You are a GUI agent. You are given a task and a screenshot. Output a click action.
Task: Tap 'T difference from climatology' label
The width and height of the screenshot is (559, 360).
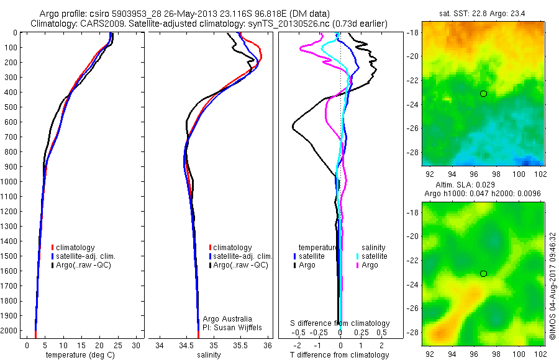click(340, 355)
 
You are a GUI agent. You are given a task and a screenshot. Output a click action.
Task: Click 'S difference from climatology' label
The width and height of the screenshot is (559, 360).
click(340, 324)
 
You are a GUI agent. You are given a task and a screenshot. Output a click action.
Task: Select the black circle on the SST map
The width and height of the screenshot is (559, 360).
click(484, 94)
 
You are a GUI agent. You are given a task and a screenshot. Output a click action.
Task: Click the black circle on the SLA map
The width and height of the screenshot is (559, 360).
click(484, 274)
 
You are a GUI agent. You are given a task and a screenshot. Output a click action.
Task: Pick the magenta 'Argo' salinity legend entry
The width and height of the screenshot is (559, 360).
click(370, 265)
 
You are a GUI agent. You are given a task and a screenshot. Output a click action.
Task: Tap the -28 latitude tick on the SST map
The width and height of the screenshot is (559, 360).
click(414, 152)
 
